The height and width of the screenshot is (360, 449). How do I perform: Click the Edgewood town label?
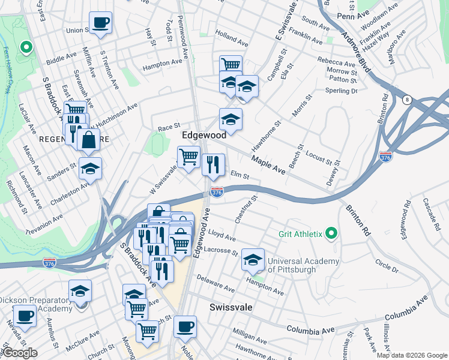pos(204,136)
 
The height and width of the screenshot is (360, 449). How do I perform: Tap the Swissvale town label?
pos(230,307)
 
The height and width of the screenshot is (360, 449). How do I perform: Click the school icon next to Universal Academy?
pos(253,260)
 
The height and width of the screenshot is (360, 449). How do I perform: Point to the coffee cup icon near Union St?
pos(100,23)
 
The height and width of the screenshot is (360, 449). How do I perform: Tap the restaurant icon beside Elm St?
pos(213,164)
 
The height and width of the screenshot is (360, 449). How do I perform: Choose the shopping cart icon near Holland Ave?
pos(231,65)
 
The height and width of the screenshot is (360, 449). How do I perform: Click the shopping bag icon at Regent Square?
pos(89,140)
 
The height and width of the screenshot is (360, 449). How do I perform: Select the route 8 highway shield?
pos(407,100)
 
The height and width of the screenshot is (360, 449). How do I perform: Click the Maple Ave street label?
pos(268,163)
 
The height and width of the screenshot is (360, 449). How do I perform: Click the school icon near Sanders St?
pos(90,169)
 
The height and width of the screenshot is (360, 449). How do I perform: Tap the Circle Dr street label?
pos(387,265)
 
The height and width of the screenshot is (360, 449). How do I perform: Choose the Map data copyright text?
pos(411,355)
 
